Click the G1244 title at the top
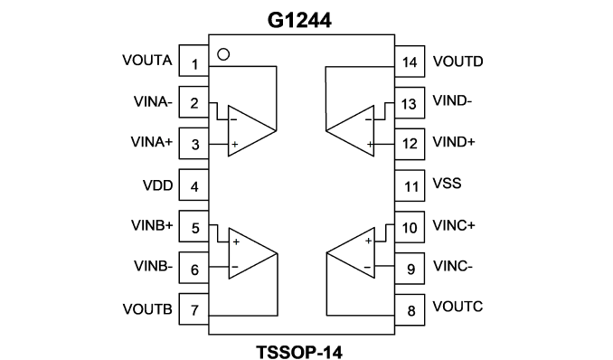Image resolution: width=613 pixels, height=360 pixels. click(299, 20)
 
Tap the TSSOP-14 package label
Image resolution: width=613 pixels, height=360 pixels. click(299, 352)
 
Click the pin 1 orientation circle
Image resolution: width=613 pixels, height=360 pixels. click(223, 54)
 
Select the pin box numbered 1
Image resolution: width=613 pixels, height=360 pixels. click(193, 61)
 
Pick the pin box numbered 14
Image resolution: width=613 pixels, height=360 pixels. click(410, 62)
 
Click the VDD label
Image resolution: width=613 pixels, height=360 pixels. click(158, 185)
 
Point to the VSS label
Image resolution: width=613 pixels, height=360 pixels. click(447, 183)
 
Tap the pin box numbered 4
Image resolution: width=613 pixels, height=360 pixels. click(193, 185)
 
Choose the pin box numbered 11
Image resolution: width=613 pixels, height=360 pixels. click(410, 185)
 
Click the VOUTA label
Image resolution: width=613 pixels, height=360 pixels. click(147, 61)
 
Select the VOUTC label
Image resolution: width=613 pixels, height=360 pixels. click(457, 307)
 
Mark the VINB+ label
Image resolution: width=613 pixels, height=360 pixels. click(152, 225)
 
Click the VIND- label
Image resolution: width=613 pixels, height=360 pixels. click(452, 100)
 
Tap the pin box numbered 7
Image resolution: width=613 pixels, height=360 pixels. click(193, 308)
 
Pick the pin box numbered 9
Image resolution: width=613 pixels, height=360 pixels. click(410, 269)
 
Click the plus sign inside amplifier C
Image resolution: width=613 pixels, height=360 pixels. click(368, 241)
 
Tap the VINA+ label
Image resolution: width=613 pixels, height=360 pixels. click(152, 142)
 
